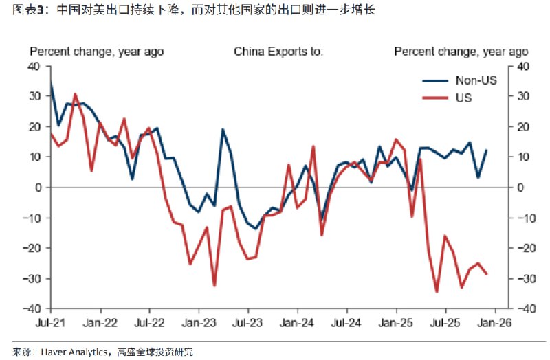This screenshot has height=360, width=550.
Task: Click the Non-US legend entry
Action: pyautogui.click(x=476, y=80)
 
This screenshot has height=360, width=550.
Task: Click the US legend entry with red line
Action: pyautogui.click(x=463, y=98)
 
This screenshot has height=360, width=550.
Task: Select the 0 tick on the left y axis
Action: pyautogui.click(x=39, y=188)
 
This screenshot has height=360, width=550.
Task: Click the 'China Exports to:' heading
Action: pyautogui.click(x=278, y=52)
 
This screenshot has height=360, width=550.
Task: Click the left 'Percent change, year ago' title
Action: pyautogui.click(x=96, y=52)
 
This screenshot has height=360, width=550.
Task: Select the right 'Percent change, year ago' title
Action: pyautogui.click(x=461, y=52)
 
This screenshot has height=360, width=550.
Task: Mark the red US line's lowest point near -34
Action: pyautogui.click(x=437, y=292)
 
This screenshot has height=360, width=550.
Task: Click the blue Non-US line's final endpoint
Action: pyautogui.click(x=487, y=150)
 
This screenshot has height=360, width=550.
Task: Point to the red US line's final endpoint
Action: pyautogui.click(x=487, y=274)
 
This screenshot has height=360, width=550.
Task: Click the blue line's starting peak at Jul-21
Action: pyautogui.click(x=51, y=81)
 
